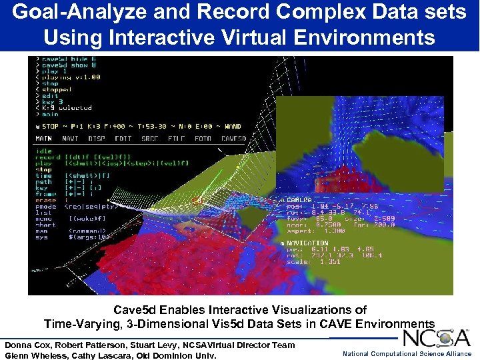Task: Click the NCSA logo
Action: click(437, 338)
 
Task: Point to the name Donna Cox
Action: click(27, 345)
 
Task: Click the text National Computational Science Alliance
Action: click(407, 354)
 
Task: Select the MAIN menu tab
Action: click(43, 139)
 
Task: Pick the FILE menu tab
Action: click(176, 139)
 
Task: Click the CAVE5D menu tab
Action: click(233, 139)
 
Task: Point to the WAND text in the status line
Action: click(231, 126)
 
